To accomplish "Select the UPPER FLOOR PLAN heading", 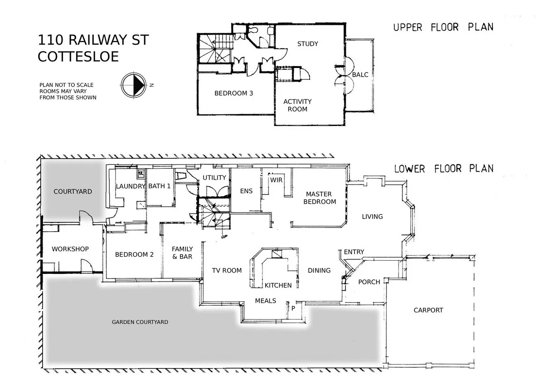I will (443, 27).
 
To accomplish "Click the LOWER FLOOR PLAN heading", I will (443, 169).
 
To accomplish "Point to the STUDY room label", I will (307, 44).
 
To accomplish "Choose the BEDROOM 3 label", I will (233, 93).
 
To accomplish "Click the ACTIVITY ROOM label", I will (297, 105).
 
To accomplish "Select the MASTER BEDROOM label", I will (320, 198).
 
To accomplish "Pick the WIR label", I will (277, 180).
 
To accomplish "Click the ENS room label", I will (246, 191).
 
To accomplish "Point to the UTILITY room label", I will (214, 177).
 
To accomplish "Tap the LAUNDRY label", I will (130, 186).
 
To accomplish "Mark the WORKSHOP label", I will (70, 249).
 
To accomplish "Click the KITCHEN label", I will (278, 285).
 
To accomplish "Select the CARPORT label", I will (428, 310).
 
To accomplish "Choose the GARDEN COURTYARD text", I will (140, 322).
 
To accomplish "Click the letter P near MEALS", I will (293, 308).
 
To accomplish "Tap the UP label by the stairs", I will (223, 237).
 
